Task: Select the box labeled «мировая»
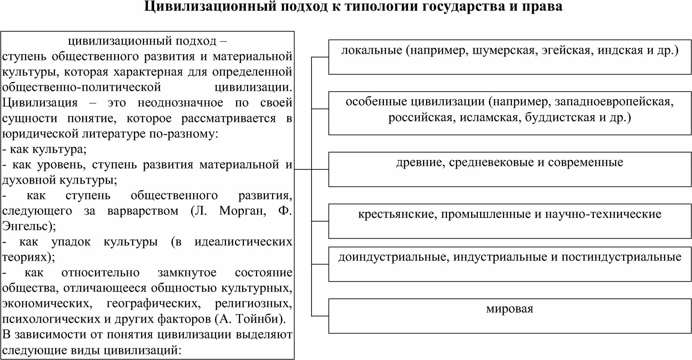click(510, 316)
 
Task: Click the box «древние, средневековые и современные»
click(510, 169)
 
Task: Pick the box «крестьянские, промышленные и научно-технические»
click(510, 221)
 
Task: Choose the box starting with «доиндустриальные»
click(510, 264)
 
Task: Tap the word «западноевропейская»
click(614, 101)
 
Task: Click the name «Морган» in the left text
click(242, 211)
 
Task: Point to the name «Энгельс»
click(26, 226)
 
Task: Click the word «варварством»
click(143, 211)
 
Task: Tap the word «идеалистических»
click(243, 242)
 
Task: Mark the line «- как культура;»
click(44, 149)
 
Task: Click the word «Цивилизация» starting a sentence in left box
click(40, 103)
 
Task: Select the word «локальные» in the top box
click(372, 50)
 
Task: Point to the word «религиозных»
click(253, 303)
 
